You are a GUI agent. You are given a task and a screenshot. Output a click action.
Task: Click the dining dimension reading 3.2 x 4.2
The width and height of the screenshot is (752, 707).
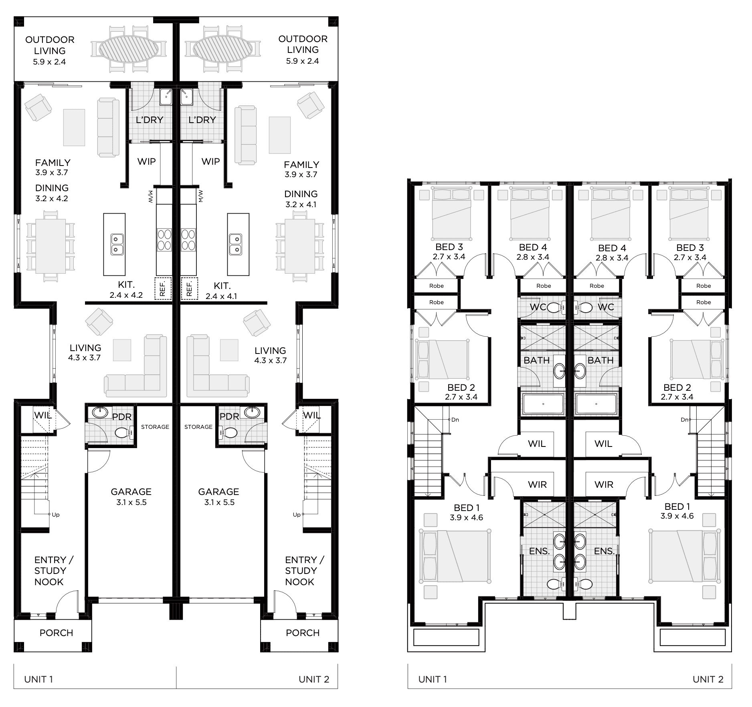tap(52, 198)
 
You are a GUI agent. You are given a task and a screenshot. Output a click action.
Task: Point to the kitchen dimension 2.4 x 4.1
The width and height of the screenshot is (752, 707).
tap(222, 297)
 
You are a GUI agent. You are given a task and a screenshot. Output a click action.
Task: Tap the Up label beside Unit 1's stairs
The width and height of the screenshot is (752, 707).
tap(56, 515)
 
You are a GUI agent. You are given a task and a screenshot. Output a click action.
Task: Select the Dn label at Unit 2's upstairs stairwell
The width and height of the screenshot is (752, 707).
tap(684, 420)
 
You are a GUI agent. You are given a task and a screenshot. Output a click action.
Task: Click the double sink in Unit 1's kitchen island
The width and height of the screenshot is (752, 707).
tap(116, 244)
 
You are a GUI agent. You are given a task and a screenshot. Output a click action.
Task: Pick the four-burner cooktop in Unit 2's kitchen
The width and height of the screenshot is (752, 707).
tap(188, 239)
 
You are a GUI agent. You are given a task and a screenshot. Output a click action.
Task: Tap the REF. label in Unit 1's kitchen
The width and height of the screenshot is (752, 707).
tap(163, 288)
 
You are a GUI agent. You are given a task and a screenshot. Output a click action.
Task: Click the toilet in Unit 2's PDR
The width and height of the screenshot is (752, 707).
tap(229, 432)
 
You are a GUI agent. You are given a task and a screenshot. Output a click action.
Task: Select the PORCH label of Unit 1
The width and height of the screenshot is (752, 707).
tap(57, 633)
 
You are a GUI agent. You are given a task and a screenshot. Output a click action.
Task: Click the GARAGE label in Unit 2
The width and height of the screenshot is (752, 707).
tap(218, 491)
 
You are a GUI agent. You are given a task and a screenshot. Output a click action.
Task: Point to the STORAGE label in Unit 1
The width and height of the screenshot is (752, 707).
tap(155, 427)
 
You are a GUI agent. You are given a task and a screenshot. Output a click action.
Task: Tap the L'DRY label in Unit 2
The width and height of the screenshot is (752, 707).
tap(202, 119)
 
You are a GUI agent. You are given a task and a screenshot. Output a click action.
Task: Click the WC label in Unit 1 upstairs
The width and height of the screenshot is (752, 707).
tap(538, 307)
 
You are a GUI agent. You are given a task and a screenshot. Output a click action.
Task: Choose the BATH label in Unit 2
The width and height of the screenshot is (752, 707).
tap(600, 360)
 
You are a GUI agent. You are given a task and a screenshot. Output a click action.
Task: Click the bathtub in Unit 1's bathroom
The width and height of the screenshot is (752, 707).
tap(543, 404)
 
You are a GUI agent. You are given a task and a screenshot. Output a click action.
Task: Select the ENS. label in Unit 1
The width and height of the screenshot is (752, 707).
tap(539, 551)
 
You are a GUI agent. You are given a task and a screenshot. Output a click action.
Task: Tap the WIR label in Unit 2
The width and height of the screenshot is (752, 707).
tap(604, 485)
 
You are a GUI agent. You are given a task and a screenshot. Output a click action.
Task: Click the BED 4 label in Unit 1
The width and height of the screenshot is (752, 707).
tap(533, 247)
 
